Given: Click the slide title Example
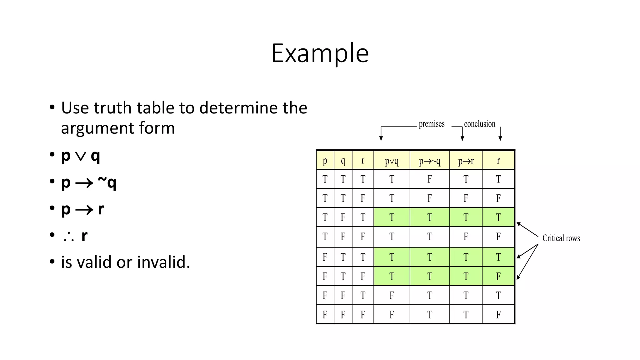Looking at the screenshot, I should [x=320, y=53].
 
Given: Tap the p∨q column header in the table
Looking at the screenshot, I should [x=392, y=161].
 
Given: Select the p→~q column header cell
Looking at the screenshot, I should [x=430, y=161].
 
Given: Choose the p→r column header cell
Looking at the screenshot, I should [x=466, y=161].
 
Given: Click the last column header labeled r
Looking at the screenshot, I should [x=498, y=161].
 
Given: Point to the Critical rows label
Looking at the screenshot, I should [x=561, y=238].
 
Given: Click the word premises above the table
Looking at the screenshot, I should [x=432, y=124].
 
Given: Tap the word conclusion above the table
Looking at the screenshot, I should [x=479, y=124].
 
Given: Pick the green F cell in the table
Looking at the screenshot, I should [x=498, y=276].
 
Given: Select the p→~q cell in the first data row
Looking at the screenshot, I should [x=430, y=179].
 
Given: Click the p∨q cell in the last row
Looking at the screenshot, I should [x=392, y=314].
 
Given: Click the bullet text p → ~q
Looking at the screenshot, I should [x=89, y=182].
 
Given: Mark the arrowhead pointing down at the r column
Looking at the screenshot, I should [x=500, y=138].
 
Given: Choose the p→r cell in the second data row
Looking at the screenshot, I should [x=466, y=198].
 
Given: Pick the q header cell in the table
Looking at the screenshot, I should [x=343, y=161].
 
